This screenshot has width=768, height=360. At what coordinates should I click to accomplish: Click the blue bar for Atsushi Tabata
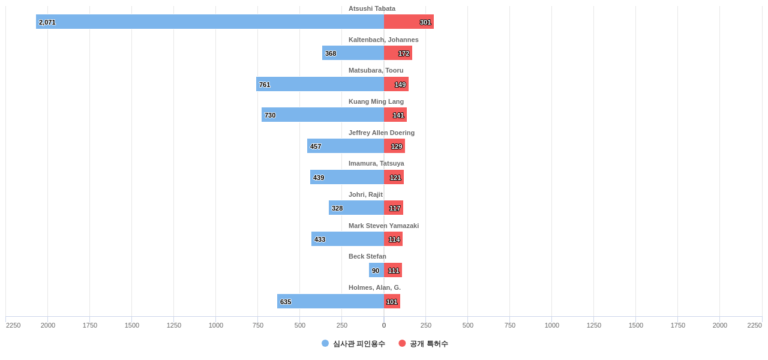point(210,22)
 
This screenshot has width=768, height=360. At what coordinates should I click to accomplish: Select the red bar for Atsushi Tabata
point(409,22)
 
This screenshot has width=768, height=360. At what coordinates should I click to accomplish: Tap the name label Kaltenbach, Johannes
point(383,40)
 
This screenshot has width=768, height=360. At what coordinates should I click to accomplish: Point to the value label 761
point(265,85)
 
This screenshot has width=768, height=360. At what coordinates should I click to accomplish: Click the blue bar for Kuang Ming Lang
point(323,115)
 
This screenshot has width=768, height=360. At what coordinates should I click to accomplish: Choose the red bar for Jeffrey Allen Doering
point(394,146)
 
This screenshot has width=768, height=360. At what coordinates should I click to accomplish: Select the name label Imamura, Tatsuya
point(376,163)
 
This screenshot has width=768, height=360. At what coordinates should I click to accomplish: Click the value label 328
point(337,208)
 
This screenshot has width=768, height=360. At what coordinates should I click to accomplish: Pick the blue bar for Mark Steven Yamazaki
point(347,239)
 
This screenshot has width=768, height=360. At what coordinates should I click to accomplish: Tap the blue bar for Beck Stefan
point(376,270)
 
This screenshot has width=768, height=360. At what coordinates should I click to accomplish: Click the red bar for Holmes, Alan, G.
point(392,301)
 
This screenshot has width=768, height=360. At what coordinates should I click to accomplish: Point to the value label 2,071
point(47,22)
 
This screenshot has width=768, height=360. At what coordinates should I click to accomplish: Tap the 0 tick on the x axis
point(384,325)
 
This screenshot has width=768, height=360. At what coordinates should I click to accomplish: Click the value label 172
point(404,53)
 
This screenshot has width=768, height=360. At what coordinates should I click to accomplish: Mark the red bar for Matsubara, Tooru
point(396,84)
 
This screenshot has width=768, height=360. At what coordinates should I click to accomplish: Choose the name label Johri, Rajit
point(365,194)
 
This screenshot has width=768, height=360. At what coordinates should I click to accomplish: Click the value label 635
point(286,302)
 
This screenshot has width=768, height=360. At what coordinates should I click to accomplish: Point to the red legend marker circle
point(402,343)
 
